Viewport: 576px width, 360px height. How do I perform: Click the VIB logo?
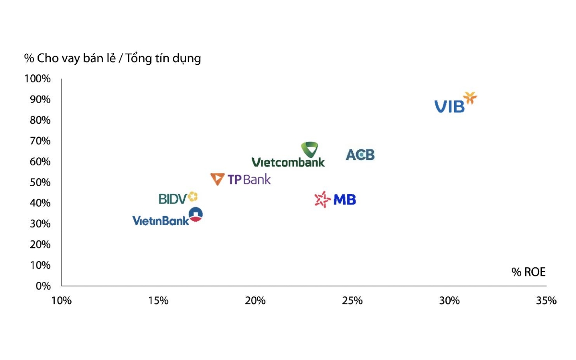click(x=455, y=103)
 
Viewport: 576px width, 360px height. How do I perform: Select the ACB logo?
click(x=360, y=155)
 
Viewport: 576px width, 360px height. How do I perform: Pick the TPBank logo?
click(x=241, y=180)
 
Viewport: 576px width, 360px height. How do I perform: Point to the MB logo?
click(x=336, y=199)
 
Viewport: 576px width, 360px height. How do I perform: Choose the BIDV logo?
click(x=178, y=198)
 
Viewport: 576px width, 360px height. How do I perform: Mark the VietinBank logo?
click(x=167, y=217)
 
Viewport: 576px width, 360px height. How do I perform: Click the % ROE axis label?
click(x=528, y=272)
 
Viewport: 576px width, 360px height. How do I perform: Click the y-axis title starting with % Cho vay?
click(x=113, y=59)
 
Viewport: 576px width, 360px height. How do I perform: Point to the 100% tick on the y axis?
click(x=37, y=79)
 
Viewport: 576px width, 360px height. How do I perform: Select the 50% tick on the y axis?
click(x=40, y=182)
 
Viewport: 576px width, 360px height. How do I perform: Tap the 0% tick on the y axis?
click(x=43, y=286)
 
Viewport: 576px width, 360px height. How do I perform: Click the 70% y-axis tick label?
click(x=40, y=141)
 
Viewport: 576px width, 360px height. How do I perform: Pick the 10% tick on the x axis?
click(x=61, y=301)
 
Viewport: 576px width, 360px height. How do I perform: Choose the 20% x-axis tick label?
click(x=255, y=301)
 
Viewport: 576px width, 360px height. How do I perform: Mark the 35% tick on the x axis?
click(x=546, y=301)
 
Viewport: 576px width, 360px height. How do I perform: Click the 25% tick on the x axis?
click(x=352, y=301)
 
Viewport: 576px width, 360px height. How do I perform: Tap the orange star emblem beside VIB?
click(x=470, y=98)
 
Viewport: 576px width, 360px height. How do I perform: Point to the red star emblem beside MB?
click(x=323, y=199)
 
